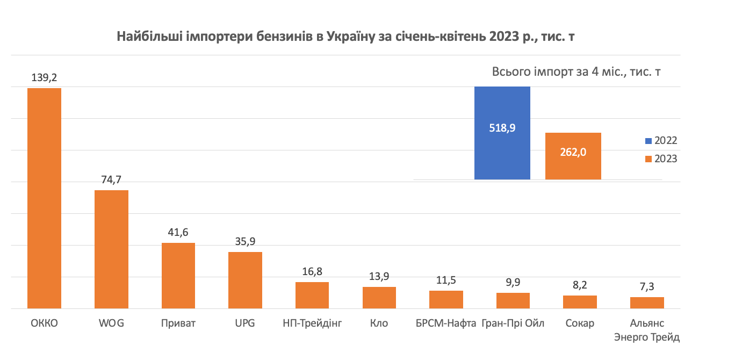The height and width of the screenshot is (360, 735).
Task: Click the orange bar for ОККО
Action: (x=44, y=198)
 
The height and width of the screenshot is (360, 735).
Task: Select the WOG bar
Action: (x=111, y=249)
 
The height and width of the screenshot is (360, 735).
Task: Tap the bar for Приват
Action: (x=178, y=276)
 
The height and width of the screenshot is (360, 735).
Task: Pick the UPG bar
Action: (x=245, y=280)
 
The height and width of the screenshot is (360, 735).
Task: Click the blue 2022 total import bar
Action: (x=502, y=133)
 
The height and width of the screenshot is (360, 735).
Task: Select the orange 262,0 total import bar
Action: (x=573, y=156)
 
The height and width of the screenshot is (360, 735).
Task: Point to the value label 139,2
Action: (x=44, y=78)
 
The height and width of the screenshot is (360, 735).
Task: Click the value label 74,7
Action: (x=111, y=180)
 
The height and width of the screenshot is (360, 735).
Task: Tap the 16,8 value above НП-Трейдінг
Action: (x=312, y=272)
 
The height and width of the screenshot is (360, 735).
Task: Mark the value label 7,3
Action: (x=647, y=287)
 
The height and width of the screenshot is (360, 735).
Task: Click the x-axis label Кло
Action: (x=379, y=323)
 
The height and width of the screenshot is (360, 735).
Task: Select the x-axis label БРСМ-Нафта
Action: (x=446, y=323)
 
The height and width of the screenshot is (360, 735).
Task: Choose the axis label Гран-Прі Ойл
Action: (x=513, y=323)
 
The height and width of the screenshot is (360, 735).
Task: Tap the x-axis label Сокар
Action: (x=580, y=323)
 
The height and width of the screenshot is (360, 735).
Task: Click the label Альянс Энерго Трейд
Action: (x=647, y=330)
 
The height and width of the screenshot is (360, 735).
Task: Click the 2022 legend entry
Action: (x=661, y=141)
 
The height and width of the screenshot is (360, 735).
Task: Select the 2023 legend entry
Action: (x=661, y=159)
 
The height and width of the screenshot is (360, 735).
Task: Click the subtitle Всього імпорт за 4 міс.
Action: (x=576, y=73)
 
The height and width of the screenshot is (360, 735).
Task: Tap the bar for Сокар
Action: (x=580, y=302)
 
